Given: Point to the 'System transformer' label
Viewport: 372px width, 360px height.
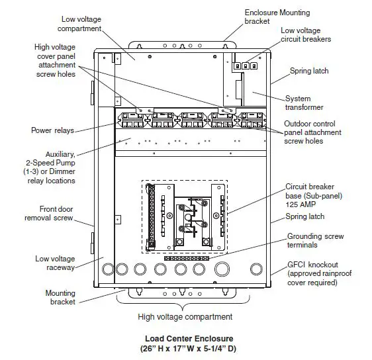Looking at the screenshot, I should (x=307, y=103).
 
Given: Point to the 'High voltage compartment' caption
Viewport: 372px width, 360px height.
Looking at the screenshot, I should (x=185, y=316).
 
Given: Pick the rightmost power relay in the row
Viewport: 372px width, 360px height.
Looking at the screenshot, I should (x=252, y=120).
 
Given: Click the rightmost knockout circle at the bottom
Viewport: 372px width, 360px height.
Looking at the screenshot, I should (x=255, y=269).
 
